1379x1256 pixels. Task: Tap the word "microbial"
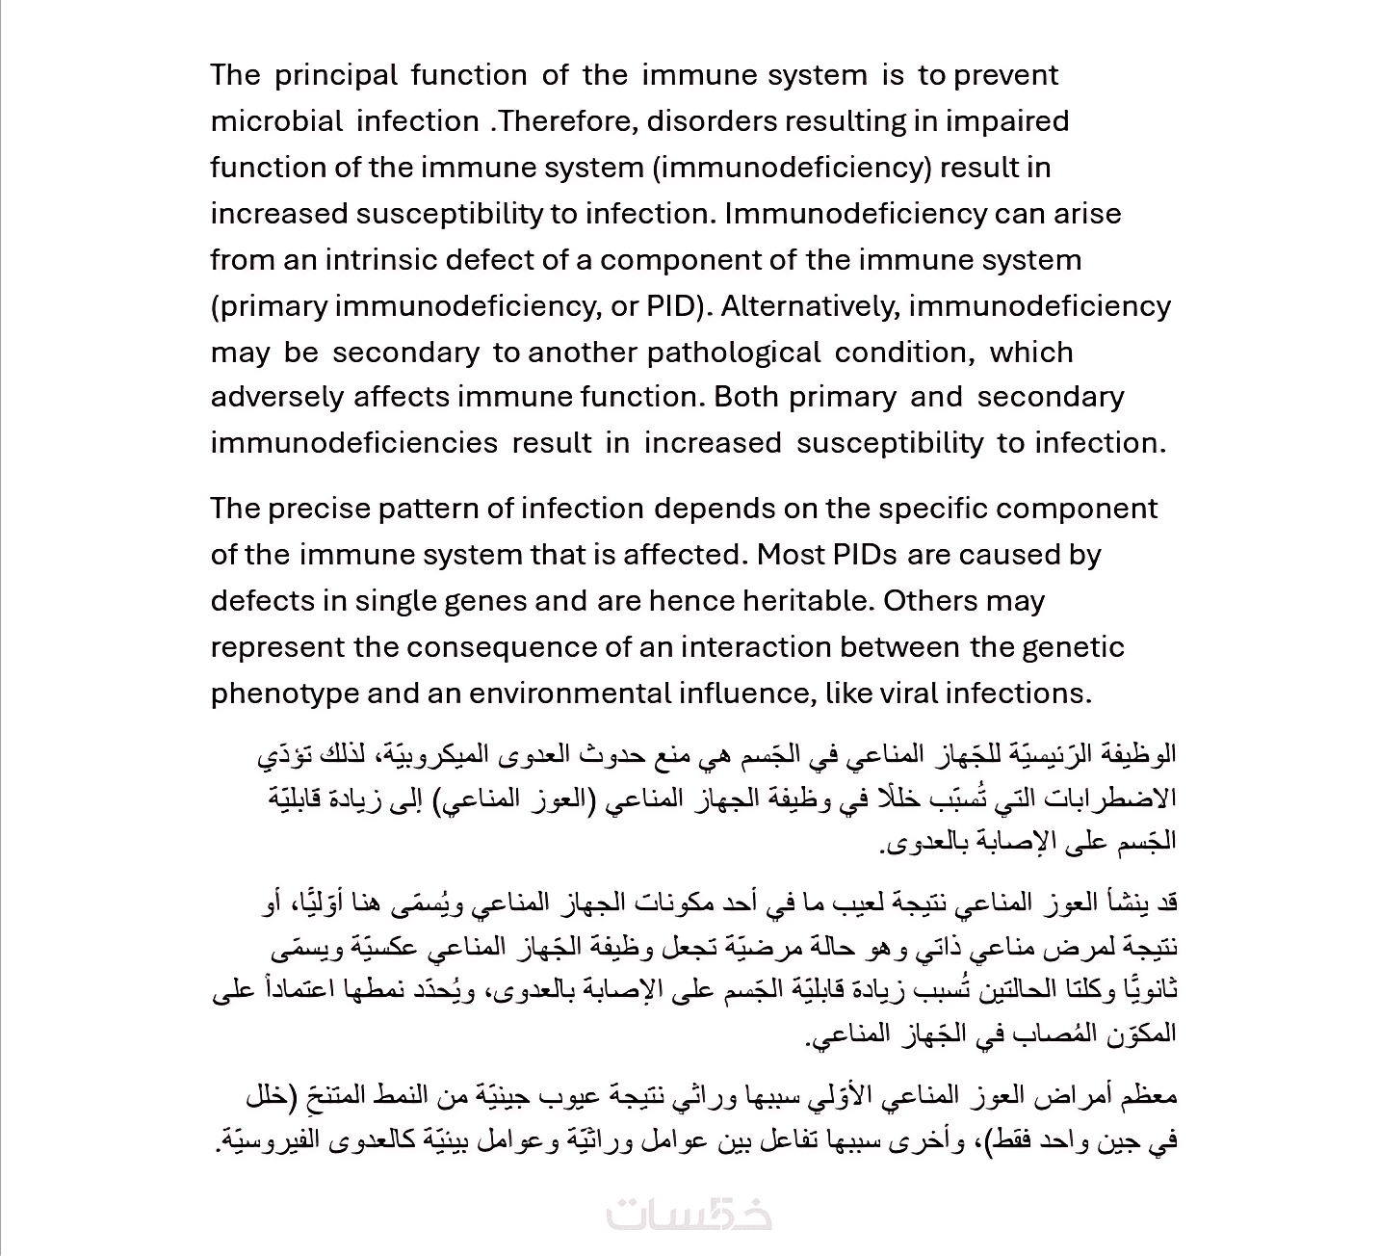point(276,121)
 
